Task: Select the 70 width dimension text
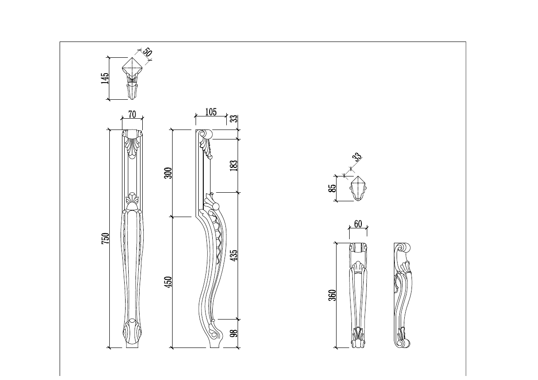coord(132,115)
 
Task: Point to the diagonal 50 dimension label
coord(147,51)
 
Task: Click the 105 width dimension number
coord(211,112)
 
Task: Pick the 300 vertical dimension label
coord(168,173)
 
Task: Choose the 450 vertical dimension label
coord(168,283)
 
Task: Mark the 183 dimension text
coord(234,165)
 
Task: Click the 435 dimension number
coord(234,255)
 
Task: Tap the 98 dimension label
coord(234,334)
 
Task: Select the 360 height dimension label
coord(332,295)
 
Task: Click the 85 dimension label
coord(332,188)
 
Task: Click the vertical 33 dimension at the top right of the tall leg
coord(234,119)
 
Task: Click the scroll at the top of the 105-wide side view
coord(206,134)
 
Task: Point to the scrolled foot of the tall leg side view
coord(216,334)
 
